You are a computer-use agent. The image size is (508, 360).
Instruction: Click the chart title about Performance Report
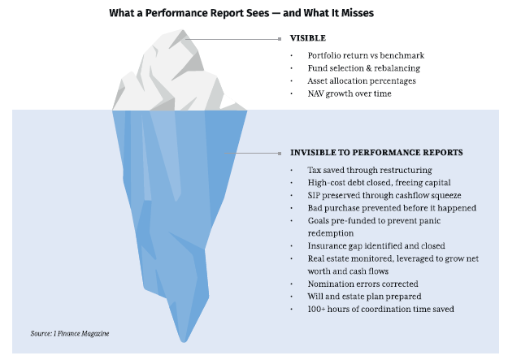(241, 13)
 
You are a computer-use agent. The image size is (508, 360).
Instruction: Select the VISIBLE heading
(308, 38)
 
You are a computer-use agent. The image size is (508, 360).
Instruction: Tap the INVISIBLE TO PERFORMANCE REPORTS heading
(376, 153)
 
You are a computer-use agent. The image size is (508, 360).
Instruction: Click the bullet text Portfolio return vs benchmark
(366, 55)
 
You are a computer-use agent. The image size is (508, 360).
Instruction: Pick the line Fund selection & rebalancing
(364, 68)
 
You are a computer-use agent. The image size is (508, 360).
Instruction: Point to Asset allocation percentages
(362, 80)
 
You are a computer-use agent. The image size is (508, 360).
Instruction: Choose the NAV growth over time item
(350, 93)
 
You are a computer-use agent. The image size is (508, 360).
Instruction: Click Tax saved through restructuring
(370, 170)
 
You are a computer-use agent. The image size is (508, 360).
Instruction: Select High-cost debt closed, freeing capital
(379, 183)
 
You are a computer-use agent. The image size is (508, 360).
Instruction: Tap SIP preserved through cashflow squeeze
(384, 195)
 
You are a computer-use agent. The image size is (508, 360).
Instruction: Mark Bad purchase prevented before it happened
(392, 208)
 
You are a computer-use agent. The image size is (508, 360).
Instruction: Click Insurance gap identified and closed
(376, 246)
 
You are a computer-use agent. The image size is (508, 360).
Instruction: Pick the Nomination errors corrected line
(363, 284)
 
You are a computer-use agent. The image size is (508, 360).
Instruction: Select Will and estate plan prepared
(364, 297)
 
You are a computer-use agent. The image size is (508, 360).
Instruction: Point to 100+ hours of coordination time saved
(380, 309)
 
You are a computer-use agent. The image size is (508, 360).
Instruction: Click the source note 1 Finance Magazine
(70, 333)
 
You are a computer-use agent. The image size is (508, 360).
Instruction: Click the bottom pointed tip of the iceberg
(184, 341)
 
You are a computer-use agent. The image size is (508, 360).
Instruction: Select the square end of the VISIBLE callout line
(280, 39)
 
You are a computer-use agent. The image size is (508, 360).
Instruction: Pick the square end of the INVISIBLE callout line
(280, 154)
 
